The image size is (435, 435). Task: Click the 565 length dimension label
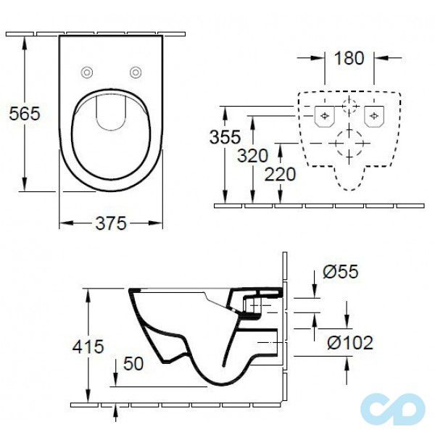(x=23, y=114)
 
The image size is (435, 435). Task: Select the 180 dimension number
(x=349, y=59)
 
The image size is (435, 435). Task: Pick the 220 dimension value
(x=279, y=174)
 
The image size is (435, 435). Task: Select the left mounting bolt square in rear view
(x=323, y=114)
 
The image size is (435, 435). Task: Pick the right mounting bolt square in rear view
(x=374, y=114)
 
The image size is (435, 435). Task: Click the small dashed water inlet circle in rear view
(x=349, y=107)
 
